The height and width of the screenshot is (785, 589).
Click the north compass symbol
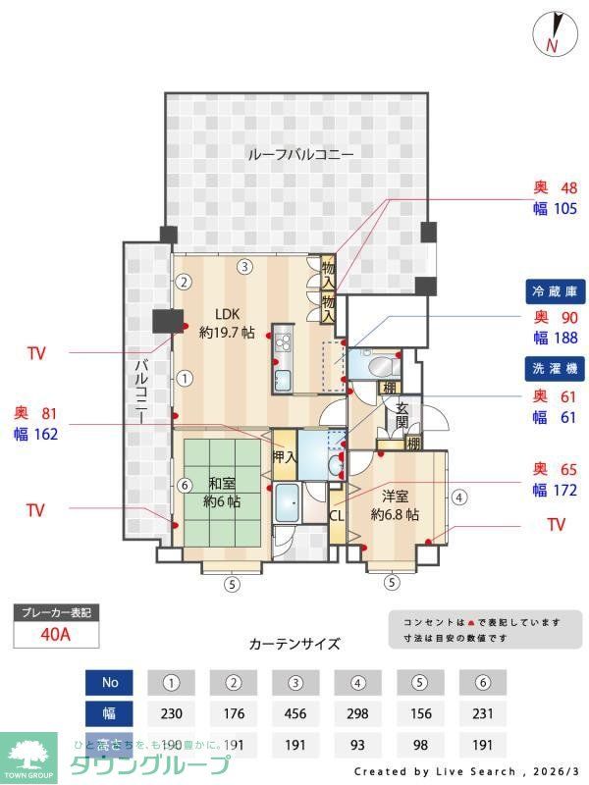pyautogui.click(x=550, y=33)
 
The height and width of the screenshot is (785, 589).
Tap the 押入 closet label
pyautogui.click(x=284, y=456)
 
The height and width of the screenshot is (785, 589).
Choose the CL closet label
pyautogui.click(x=337, y=514)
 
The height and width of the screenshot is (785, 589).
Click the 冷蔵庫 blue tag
pyautogui.click(x=557, y=291)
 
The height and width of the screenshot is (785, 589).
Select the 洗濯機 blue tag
pyautogui.click(x=557, y=370)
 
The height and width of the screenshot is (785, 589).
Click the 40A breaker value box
pyautogui.click(x=56, y=635)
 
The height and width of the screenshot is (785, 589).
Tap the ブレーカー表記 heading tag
pyautogui.click(x=56, y=613)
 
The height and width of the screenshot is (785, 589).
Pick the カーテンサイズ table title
pyautogui.click(x=294, y=644)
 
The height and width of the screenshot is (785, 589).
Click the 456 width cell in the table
pyautogui.click(x=295, y=713)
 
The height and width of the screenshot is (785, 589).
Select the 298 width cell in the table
pyautogui.click(x=357, y=713)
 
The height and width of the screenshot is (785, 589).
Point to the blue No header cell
pyautogui.click(x=109, y=681)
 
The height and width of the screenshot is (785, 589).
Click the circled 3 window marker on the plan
pyautogui.click(x=244, y=266)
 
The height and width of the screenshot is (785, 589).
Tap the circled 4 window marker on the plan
pyautogui.click(x=459, y=497)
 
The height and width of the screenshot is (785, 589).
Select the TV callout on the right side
pyautogui.click(x=556, y=525)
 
